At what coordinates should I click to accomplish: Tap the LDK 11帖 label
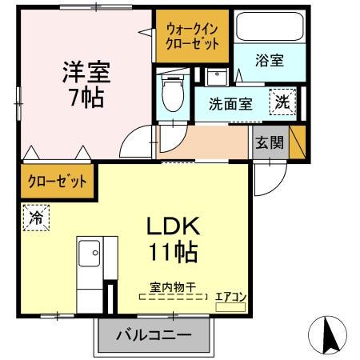pyautogui.click(x=171, y=239)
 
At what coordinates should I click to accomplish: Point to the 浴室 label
pyautogui.click(x=269, y=61)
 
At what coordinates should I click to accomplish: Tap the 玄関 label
pyautogui.click(x=269, y=143)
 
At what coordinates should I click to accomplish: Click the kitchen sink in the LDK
pyautogui.click(x=94, y=256)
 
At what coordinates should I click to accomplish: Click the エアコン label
pyautogui.click(x=231, y=297)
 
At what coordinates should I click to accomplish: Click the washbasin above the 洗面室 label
pyautogui.click(x=216, y=78)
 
